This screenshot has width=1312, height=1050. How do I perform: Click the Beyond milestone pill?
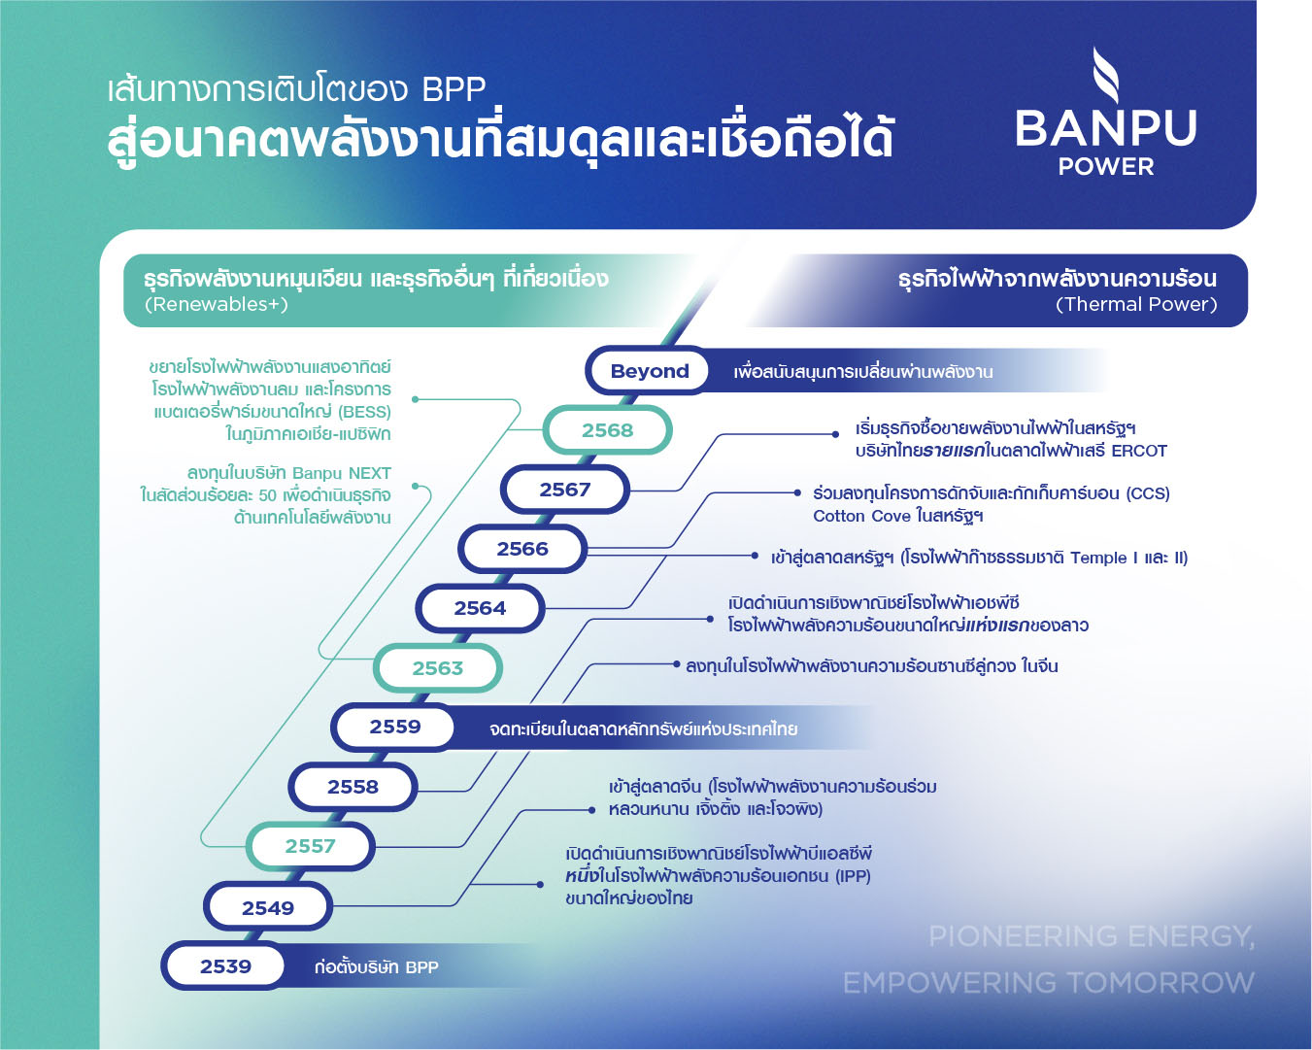649,371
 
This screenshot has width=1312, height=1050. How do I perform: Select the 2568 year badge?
607,430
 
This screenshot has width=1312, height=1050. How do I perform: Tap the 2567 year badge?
564,490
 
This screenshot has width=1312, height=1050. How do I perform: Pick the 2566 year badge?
522,549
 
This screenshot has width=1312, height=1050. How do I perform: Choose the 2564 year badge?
480,608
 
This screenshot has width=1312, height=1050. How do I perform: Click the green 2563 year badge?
437,668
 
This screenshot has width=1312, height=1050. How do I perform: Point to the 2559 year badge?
394,727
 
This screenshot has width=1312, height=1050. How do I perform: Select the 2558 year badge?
353,787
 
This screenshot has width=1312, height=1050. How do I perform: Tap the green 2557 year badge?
310,846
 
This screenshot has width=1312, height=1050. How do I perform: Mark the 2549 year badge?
267,908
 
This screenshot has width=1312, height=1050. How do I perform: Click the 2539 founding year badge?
225,966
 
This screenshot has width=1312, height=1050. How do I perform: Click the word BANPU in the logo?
1105,128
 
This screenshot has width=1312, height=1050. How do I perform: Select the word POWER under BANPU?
1106,167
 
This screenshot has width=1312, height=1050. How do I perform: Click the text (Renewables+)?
217,304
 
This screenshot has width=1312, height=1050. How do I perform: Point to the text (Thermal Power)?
1136,304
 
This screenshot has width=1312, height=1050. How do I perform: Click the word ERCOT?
1138,451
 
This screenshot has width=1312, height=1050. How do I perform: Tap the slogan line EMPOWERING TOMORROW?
1048,983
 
